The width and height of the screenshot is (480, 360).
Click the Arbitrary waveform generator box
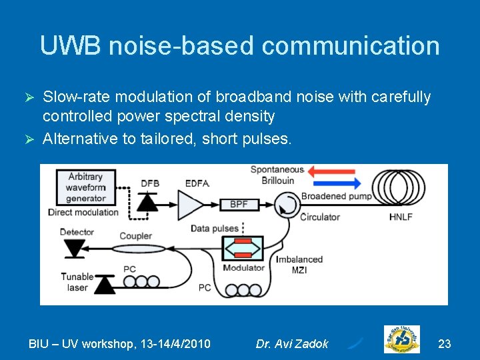[86, 187]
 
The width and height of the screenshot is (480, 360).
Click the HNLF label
[402, 217]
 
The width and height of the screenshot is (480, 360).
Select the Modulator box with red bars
[243, 248]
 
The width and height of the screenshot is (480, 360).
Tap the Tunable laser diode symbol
[104, 285]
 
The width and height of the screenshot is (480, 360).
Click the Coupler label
[135, 235]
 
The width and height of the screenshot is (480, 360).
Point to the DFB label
[150, 183]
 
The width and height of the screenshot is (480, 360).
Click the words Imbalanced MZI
[299, 264]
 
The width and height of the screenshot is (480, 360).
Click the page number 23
[444, 344]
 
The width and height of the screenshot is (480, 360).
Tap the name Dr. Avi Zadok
[292, 344]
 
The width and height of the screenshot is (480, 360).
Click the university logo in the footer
[401, 339]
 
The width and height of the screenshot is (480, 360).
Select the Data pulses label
[214, 228]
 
